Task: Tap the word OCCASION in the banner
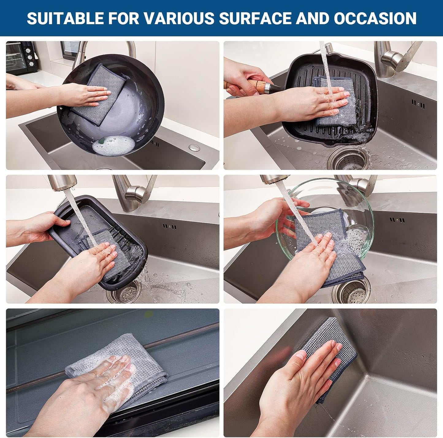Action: [x=375, y=18]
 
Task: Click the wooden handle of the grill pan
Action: [x=245, y=84]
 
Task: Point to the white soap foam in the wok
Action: [x=113, y=145]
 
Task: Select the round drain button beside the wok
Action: [x=194, y=148]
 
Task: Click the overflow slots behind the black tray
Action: [x=170, y=227]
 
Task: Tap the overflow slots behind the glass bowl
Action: [x=397, y=220]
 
